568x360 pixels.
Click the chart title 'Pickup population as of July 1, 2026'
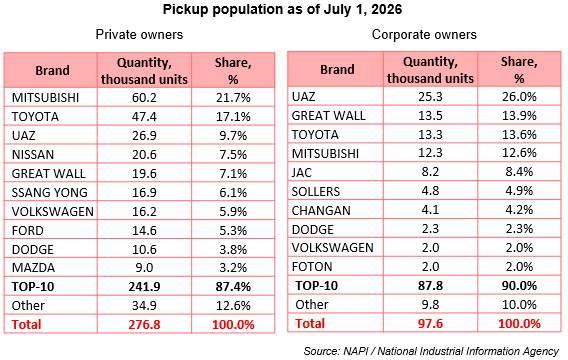[282, 9]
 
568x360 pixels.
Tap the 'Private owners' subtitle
[139, 34]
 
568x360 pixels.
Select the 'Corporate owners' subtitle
[424, 34]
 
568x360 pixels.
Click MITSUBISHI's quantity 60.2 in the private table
[144, 97]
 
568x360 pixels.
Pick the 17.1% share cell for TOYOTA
[233, 117]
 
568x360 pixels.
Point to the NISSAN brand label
[33, 155]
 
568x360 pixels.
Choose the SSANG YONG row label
[50, 192]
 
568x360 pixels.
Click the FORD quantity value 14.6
[144, 230]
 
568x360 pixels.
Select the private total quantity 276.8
[144, 324]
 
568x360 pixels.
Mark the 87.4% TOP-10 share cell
[233, 286]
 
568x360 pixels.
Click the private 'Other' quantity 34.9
[144, 305]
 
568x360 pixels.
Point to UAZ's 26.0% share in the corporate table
[519, 97]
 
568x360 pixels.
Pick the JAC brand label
[302, 172]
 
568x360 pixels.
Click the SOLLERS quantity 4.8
[430, 191]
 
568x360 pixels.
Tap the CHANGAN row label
[321, 210]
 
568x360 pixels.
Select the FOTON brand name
[312, 267]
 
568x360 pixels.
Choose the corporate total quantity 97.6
[430, 323]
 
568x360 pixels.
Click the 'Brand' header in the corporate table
[337, 69]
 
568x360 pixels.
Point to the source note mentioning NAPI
[431, 351]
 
